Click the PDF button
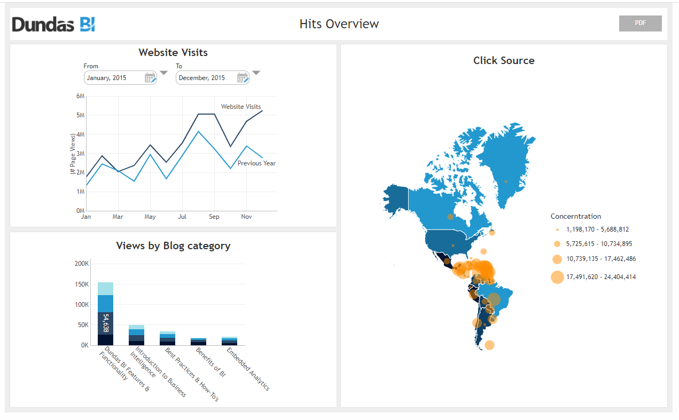click(640, 23)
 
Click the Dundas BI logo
click(53, 24)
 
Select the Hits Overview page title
click(339, 24)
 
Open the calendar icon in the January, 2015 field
click(150, 78)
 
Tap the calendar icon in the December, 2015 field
click(243, 78)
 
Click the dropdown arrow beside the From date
click(163, 73)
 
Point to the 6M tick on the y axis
click(80, 96)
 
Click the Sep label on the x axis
click(214, 217)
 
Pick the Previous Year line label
click(256, 163)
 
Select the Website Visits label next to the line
click(241, 107)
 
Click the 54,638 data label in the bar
click(106, 323)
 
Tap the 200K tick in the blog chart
click(82, 264)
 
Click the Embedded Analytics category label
click(248, 369)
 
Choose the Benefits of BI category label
click(210, 362)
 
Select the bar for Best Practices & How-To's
click(167, 338)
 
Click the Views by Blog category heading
click(173, 245)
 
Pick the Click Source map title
click(504, 60)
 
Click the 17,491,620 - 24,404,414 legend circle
click(557, 277)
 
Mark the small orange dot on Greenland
click(506, 181)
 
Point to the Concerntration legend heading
click(576, 216)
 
